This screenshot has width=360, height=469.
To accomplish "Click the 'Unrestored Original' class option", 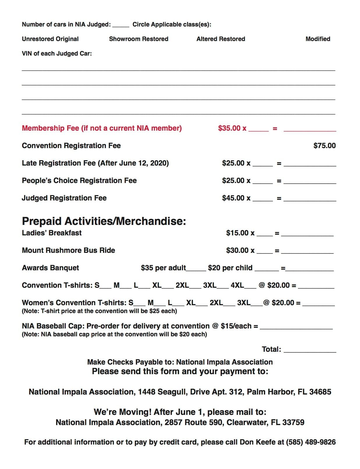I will click(50, 39).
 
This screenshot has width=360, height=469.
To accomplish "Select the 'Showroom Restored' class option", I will click(139, 39).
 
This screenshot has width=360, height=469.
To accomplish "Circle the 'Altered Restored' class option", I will click(221, 39).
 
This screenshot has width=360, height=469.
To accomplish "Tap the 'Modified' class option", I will click(318, 39).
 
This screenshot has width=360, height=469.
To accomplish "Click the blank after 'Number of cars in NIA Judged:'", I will click(120, 25).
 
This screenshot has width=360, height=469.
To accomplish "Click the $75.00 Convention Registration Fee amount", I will click(324, 145).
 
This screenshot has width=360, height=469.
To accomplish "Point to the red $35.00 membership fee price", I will click(229, 128).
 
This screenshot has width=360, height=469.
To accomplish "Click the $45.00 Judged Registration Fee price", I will click(233, 198).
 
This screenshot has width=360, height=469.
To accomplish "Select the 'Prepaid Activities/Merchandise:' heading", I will click(104, 221).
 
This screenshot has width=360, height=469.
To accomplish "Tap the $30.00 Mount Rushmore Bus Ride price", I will click(237, 250).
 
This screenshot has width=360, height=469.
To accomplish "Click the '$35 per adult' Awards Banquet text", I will click(163, 268).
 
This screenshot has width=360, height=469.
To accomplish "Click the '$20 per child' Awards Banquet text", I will click(230, 268).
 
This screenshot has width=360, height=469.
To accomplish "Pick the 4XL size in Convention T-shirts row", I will click(237, 285).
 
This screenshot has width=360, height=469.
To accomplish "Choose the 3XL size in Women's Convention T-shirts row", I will click(244, 303).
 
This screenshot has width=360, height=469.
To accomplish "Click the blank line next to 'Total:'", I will click(310, 350).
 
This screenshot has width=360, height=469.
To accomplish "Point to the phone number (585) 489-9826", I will click(311, 442).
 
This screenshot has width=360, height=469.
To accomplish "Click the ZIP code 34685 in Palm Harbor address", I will click(320, 392).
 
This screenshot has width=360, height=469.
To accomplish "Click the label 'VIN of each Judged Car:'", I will click(57, 54).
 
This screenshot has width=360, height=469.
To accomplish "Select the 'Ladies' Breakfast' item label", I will click(52, 233).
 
